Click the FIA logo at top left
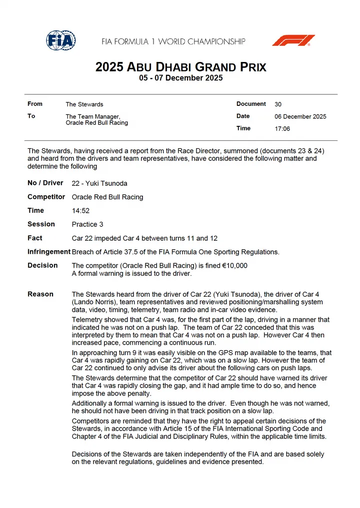[x=61, y=40]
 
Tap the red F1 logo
[x=293, y=40]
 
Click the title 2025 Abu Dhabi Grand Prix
[x=180, y=67]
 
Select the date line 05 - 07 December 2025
[x=180, y=78]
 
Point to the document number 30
[x=278, y=104]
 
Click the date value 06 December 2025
[x=300, y=116]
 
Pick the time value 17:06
[x=282, y=128]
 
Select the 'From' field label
[x=35, y=104]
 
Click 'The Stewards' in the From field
[x=84, y=104]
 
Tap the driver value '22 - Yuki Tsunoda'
[x=100, y=183]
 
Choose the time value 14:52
[x=80, y=211]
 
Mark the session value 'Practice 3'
[x=87, y=224]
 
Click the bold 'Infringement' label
[x=49, y=252]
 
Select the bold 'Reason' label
[x=40, y=294]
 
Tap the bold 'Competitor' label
[x=46, y=197]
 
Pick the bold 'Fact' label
[x=35, y=238]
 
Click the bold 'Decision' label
[x=42, y=265]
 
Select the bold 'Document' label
[x=251, y=104]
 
